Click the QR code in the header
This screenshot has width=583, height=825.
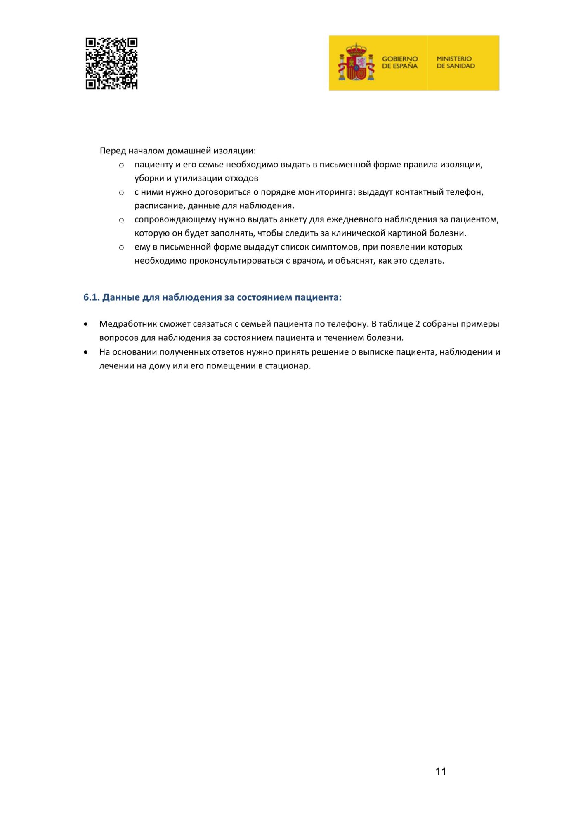tap(111, 63)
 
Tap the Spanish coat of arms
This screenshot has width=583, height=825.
tap(356, 63)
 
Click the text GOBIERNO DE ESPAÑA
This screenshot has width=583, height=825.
tap(399, 62)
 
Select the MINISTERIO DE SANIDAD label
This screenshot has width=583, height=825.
tap(456, 62)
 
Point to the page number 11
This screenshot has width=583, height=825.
tap(441, 771)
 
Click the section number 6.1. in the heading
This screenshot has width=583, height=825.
tap(91, 297)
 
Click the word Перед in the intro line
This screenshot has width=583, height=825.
tap(113, 151)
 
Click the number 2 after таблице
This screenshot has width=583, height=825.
tap(418, 324)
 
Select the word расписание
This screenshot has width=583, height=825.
tap(158, 205)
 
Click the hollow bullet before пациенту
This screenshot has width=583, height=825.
tap(121, 165)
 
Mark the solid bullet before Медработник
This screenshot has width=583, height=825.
tap(86, 324)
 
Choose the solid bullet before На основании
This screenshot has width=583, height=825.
tap(86, 352)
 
